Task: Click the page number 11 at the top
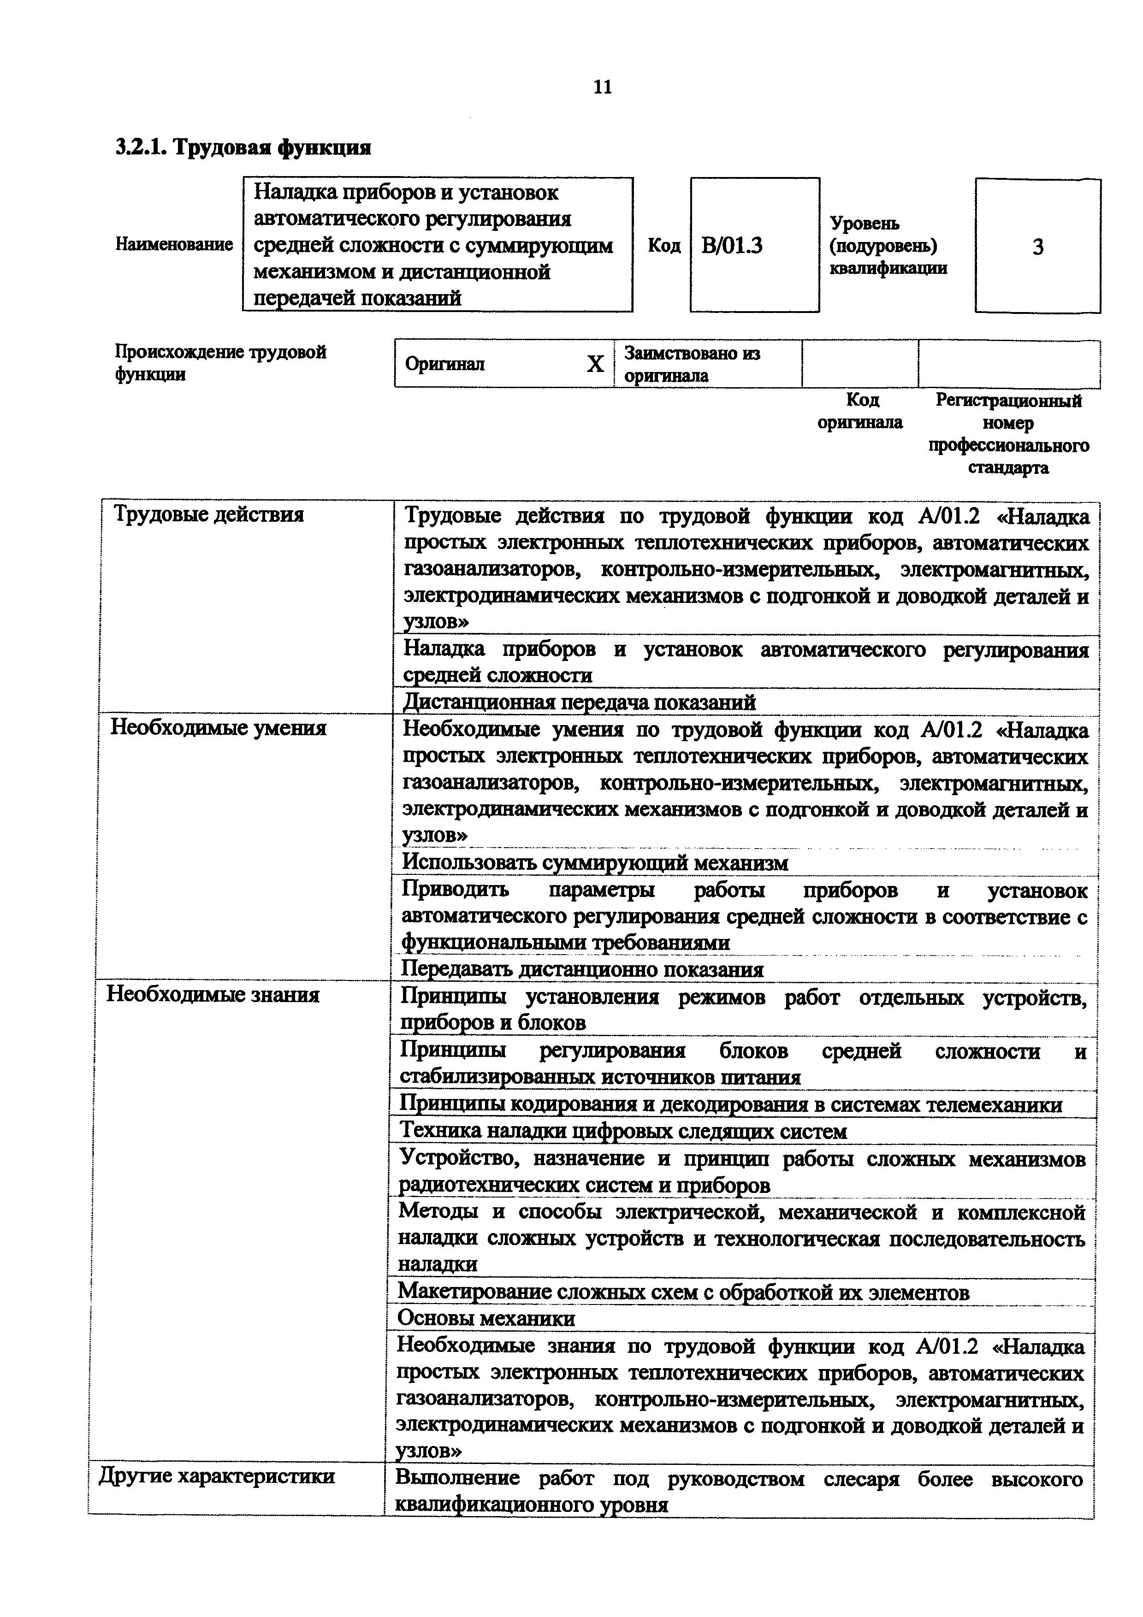(x=603, y=87)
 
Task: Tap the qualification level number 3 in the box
(x=1037, y=247)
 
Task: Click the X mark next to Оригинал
(x=595, y=364)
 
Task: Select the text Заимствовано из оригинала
(x=692, y=364)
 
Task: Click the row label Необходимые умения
(x=218, y=727)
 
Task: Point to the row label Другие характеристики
(x=217, y=1476)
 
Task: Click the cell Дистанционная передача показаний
(x=579, y=702)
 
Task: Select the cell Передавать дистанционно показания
(x=582, y=970)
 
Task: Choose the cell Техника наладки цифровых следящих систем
(x=622, y=1131)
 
